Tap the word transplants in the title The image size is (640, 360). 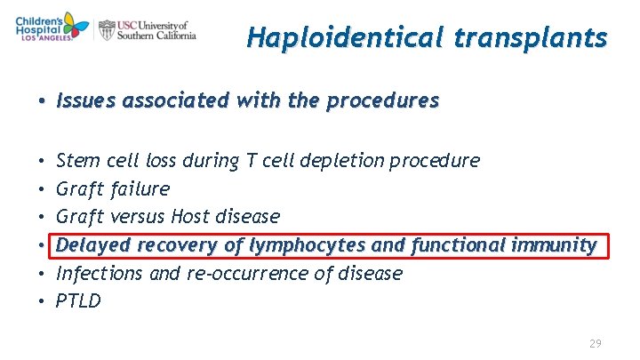click(x=532, y=38)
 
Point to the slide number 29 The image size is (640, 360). click(x=596, y=343)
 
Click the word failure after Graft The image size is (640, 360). click(x=140, y=189)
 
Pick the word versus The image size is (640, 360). click(x=140, y=217)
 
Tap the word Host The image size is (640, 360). click(x=190, y=217)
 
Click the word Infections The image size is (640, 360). click(x=100, y=273)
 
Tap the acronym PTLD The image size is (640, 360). click(x=78, y=301)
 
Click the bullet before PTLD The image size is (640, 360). click(x=43, y=301)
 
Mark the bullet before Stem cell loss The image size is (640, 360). click(x=43, y=161)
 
